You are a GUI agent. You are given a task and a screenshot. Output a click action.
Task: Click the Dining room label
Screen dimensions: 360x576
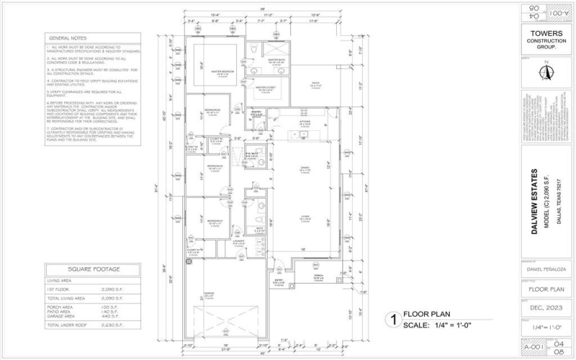click(x=305, y=168)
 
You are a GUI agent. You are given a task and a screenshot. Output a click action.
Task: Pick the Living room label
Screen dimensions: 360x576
click(x=305, y=215)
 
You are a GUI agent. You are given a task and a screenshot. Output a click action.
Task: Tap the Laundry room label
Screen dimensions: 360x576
click(x=258, y=243)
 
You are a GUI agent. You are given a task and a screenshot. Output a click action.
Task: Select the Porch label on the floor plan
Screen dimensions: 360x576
click(x=318, y=274)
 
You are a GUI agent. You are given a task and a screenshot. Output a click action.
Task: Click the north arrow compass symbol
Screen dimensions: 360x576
click(x=546, y=73)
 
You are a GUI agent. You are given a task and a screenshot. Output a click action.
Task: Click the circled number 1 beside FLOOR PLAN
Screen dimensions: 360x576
click(x=393, y=318)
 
